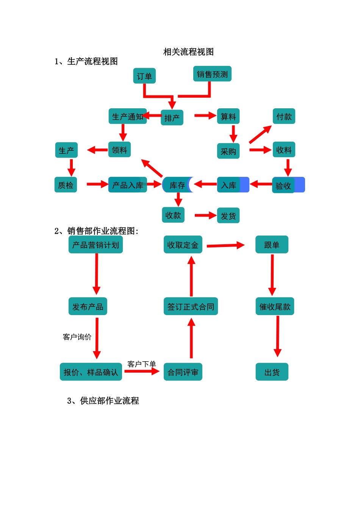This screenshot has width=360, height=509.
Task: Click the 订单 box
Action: click(144, 76)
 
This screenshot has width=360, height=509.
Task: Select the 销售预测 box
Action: click(212, 74)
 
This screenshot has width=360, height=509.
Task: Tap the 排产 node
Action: click(172, 118)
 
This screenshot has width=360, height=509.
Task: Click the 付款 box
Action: click(284, 117)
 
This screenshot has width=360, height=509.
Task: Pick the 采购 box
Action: click(228, 151)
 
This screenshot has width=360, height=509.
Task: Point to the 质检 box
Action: click(66, 185)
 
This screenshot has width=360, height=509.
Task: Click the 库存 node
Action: click(177, 185)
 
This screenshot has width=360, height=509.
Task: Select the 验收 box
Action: click(283, 186)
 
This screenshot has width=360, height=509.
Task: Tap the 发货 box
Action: click(228, 215)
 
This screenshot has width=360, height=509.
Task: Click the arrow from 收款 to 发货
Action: click(205, 215)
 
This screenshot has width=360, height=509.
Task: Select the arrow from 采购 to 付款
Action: click(260, 134)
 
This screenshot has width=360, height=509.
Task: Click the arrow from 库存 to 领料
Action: click(152, 168)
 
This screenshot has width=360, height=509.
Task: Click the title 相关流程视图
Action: click(188, 52)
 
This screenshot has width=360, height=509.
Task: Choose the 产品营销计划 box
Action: click(95, 245)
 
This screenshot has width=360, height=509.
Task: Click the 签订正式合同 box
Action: click(191, 307)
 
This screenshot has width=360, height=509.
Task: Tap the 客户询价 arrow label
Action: click(77, 337)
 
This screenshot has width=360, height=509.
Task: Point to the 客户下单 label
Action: click(141, 364)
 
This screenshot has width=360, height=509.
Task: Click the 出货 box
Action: click(272, 372)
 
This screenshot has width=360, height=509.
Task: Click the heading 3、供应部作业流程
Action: click(103, 401)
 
